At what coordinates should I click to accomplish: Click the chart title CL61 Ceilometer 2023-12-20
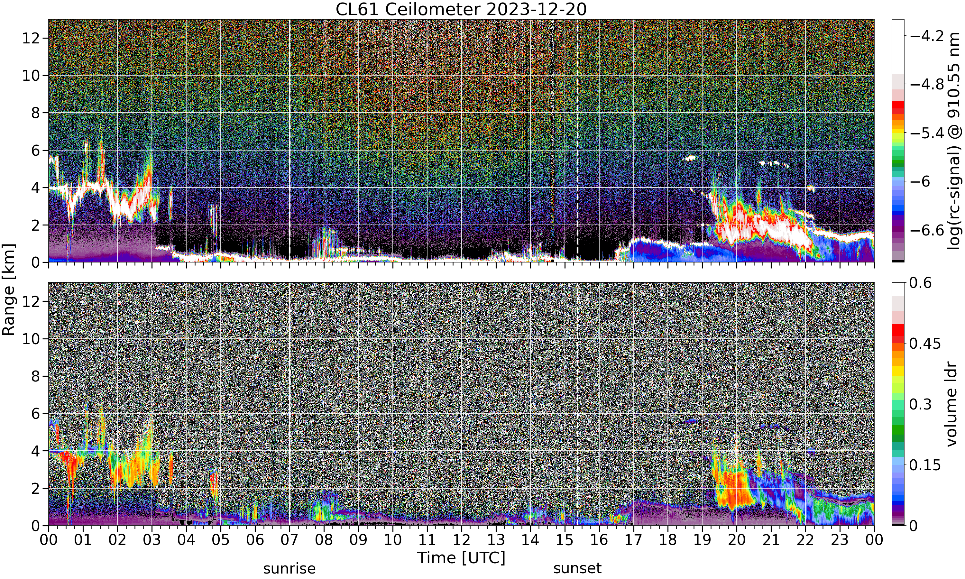click(461, 9)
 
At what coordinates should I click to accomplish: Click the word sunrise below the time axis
click(289, 568)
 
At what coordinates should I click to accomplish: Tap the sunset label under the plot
click(577, 568)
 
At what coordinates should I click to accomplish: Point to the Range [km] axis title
click(9, 289)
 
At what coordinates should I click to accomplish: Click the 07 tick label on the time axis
click(289, 540)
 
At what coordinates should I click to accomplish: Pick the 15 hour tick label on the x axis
click(565, 540)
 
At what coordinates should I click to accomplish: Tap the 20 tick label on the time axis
click(736, 540)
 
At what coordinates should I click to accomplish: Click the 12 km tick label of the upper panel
click(31, 38)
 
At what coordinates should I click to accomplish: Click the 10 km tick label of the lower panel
click(31, 339)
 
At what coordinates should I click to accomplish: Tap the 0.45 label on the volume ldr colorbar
click(925, 343)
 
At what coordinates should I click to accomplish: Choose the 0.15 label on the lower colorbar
click(925, 465)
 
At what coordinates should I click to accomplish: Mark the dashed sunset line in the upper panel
click(577, 141)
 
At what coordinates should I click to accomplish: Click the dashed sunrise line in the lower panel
click(289, 404)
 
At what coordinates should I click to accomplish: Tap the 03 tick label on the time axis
click(152, 540)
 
